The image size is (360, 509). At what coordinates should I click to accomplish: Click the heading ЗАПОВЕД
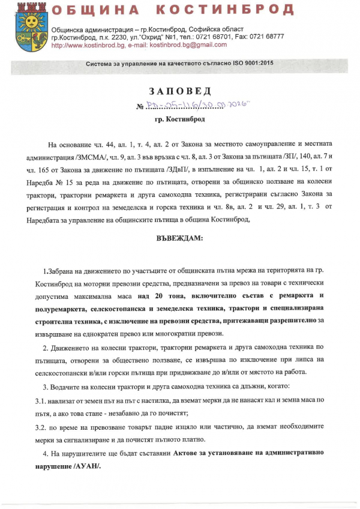click(180, 91)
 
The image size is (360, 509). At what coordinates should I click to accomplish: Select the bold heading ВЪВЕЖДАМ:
click(179, 238)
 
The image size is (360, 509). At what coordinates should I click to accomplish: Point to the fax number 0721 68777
click(269, 37)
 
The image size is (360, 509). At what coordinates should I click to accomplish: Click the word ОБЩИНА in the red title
click(96, 10)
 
